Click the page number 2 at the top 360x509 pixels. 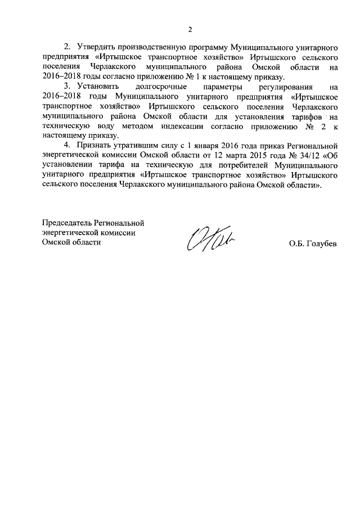coord(190,30)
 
